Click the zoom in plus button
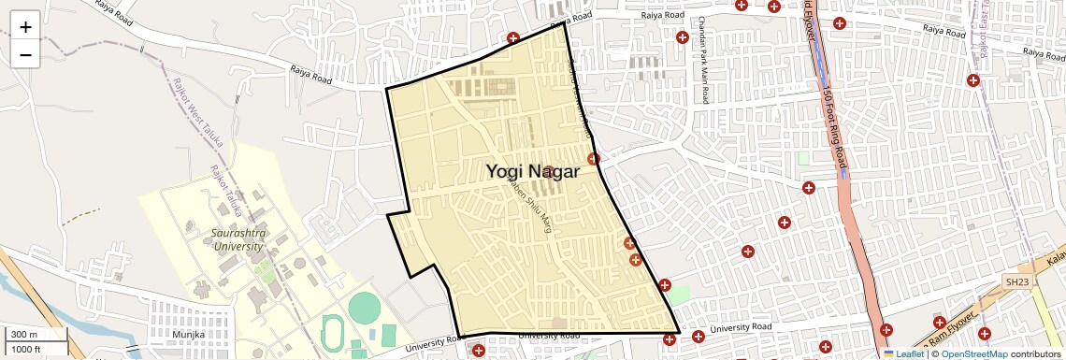[x=25, y=26]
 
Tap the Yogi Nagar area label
[x=533, y=171]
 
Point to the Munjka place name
[x=188, y=333]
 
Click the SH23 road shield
[x=1016, y=281]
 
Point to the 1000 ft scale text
[x=25, y=349]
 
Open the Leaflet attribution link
[x=903, y=353]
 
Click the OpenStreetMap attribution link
[x=973, y=353]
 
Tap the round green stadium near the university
[x=365, y=306]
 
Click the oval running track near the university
[x=332, y=332]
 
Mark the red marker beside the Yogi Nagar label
[x=549, y=172]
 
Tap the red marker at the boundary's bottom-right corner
[x=670, y=338]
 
